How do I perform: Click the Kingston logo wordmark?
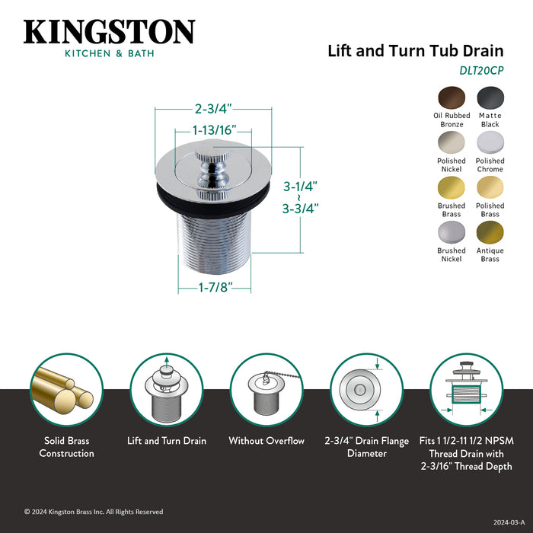109,32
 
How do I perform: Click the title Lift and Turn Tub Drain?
415,52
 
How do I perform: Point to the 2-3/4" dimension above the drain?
204,109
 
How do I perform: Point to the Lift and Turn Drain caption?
166,441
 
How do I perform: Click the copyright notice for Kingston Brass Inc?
94,512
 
